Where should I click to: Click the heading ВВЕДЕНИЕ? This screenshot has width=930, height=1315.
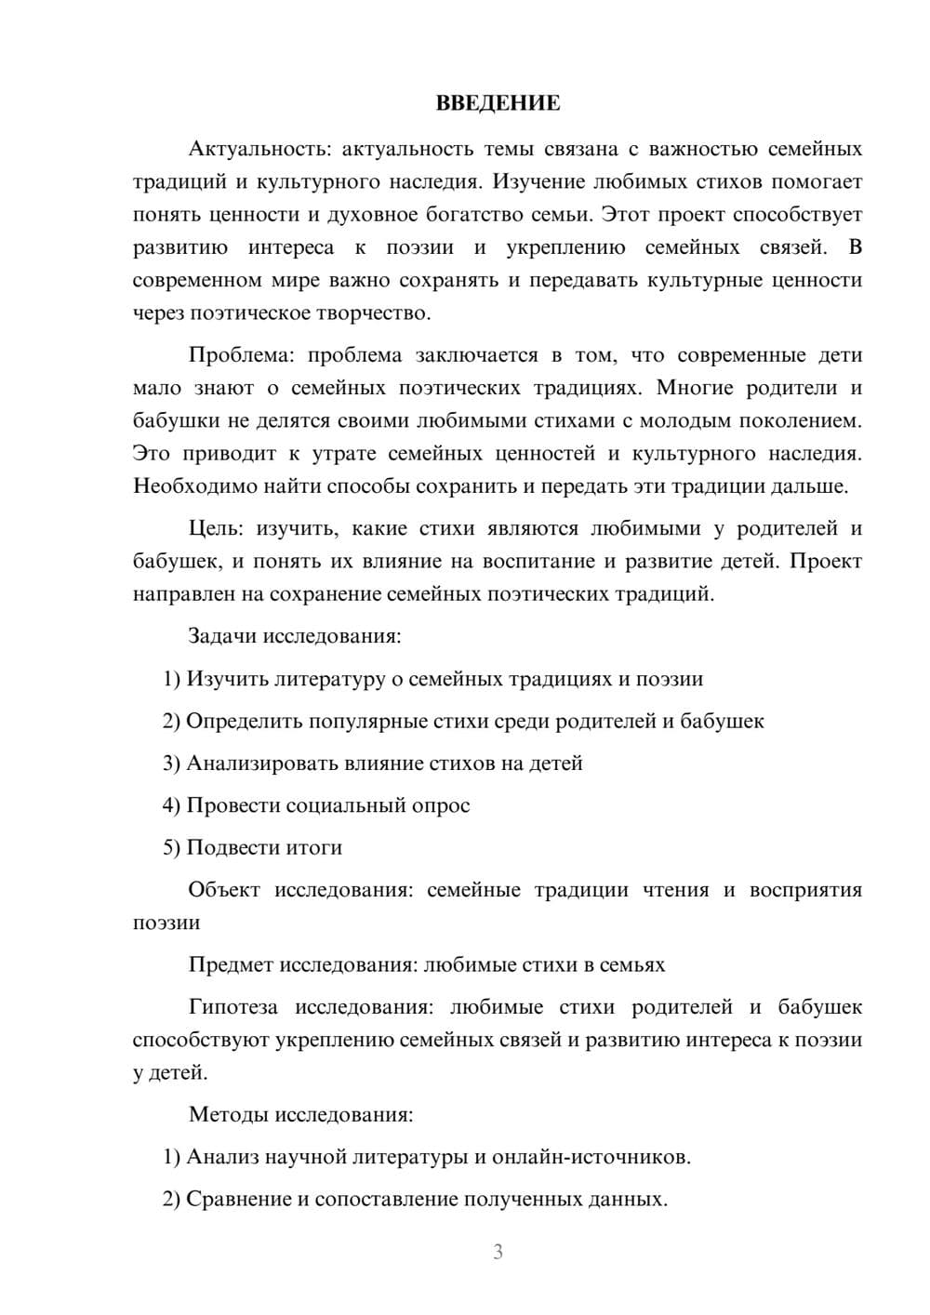click(498, 103)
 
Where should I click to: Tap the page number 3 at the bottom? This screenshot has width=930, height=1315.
click(498, 1252)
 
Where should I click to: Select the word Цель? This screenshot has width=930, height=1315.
click(215, 529)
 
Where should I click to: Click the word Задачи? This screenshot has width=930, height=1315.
click(222, 636)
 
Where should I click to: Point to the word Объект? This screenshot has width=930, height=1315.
click(224, 890)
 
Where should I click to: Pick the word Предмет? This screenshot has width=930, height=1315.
click(232, 964)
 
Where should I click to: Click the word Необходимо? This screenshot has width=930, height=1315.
click(193, 486)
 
